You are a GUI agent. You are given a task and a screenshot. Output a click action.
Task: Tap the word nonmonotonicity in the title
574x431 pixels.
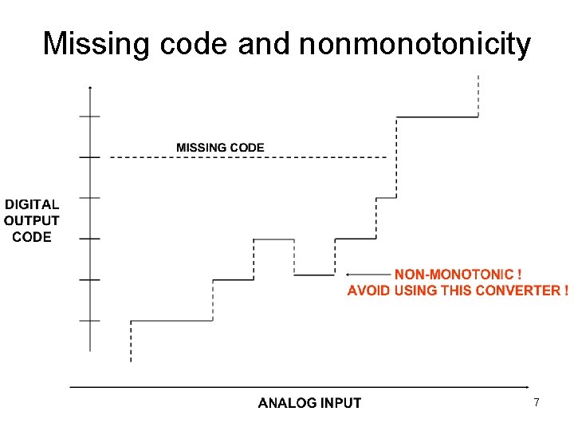click(415, 44)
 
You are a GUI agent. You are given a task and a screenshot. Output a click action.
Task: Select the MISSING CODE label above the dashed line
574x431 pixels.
click(220, 148)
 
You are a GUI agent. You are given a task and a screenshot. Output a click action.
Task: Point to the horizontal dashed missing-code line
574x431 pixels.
click(247, 157)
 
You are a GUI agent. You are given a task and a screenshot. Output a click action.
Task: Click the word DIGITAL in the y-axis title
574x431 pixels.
click(32, 205)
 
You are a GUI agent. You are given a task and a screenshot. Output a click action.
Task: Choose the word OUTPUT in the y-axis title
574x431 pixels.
click(32, 220)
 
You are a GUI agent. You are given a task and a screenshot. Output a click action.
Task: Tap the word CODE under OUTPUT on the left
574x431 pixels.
click(32, 236)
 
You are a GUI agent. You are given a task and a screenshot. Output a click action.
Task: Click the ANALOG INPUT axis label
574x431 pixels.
click(309, 403)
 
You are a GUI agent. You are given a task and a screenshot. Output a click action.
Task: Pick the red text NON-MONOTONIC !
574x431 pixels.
click(458, 274)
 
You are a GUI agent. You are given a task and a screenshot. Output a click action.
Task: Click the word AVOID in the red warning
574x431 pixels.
click(368, 290)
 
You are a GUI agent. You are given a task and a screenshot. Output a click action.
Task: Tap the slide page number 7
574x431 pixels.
click(537, 403)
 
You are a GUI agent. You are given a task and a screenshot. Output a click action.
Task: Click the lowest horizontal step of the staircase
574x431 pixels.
click(171, 321)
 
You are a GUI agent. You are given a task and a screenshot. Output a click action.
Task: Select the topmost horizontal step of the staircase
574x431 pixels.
click(437, 117)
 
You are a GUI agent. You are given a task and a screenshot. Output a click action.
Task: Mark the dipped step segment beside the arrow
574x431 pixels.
click(314, 275)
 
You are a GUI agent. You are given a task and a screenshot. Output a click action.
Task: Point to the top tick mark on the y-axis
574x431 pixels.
click(90, 117)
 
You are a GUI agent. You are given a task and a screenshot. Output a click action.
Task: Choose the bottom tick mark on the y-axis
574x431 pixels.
click(90, 321)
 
